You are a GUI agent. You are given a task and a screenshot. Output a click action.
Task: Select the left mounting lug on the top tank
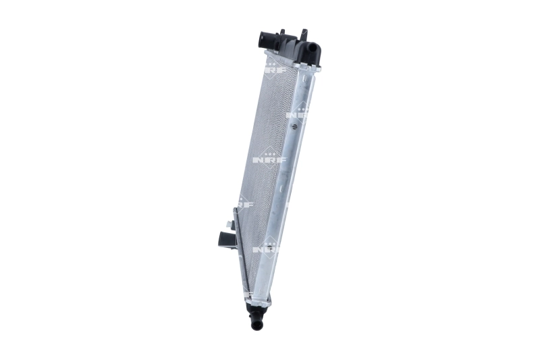281,34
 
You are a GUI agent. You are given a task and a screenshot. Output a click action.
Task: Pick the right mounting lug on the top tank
304,34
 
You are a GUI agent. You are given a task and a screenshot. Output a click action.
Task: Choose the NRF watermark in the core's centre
269,159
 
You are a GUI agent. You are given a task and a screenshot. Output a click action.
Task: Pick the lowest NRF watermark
265,249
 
